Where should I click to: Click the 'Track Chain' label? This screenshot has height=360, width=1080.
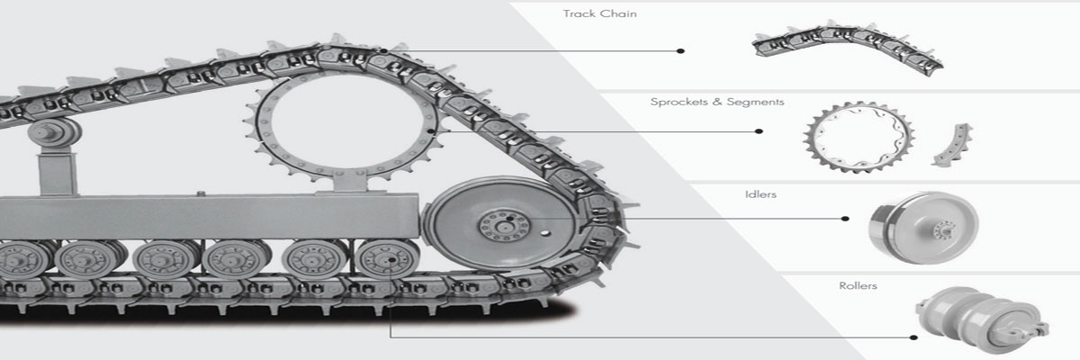point(599,13)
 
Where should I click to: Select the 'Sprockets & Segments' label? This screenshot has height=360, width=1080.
point(717,102)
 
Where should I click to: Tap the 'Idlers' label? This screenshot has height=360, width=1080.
point(760,194)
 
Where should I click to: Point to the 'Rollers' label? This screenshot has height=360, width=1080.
point(858,285)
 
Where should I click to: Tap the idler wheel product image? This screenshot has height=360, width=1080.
point(923,228)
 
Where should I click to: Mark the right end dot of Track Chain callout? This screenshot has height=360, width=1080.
point(680,50)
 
